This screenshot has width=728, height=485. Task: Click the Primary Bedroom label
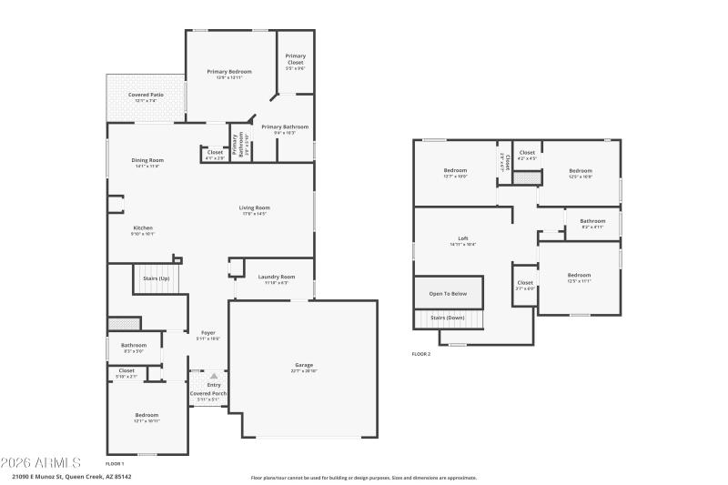click(228, 71)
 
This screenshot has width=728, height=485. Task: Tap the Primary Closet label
click(295, 59)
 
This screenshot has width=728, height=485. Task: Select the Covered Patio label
click(145, 95)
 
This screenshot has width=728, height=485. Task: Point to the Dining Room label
click(147, 160)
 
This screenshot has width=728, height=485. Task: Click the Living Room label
click(255, 207)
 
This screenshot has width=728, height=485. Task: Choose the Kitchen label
click(143, 227)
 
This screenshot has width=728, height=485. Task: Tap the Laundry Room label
click(276, 277)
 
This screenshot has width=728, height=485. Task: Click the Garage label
click(303, 365)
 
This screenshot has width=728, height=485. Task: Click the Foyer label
click(207, 333)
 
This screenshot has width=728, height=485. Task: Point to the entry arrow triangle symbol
click(214, 375)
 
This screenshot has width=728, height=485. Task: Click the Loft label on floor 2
click(462, 238)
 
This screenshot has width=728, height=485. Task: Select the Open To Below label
click(448, 294)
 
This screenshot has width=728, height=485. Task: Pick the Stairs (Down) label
click(448, 318)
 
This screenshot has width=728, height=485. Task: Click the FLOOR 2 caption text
click(421, 354)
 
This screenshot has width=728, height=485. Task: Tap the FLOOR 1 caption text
click(115, 464)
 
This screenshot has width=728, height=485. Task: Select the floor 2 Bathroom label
click(592, 220)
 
